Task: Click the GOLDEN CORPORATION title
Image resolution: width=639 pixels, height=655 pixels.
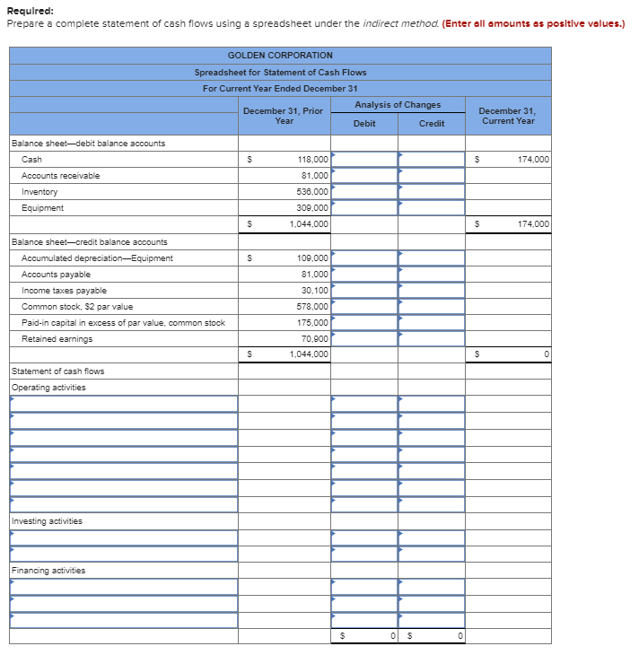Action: tap(280, 56)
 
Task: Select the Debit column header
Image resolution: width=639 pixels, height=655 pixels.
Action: tap(364, 123)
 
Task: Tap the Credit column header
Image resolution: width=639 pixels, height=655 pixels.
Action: tap(431, 123)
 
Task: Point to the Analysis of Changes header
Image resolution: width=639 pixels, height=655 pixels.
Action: tap(398, 105)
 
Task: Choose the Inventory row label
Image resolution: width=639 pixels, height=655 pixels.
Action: tap(39, 192)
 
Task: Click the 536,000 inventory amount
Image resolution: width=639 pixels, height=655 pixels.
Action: tap(312, 192)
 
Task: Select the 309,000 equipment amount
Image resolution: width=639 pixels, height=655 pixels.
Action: tap(312, 208)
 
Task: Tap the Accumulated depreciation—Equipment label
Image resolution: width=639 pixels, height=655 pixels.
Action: tap(97, 258)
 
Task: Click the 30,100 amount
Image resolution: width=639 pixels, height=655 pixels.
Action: tap(315, 291)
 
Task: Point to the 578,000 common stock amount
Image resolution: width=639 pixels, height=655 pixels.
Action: tap(312, 307)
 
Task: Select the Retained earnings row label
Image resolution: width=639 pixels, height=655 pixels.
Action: tap(57, 339)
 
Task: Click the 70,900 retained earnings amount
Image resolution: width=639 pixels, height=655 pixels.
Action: tap(315, 339)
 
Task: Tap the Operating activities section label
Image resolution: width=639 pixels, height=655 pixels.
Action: tap(48, 388)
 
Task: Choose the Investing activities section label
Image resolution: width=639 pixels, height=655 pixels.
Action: tap(47, 521)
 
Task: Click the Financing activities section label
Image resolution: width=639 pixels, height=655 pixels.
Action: tap(48, 571)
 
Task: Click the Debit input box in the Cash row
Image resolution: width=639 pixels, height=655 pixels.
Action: tap(364, 160)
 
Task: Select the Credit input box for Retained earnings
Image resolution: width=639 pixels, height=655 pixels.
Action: tap(432, 339)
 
